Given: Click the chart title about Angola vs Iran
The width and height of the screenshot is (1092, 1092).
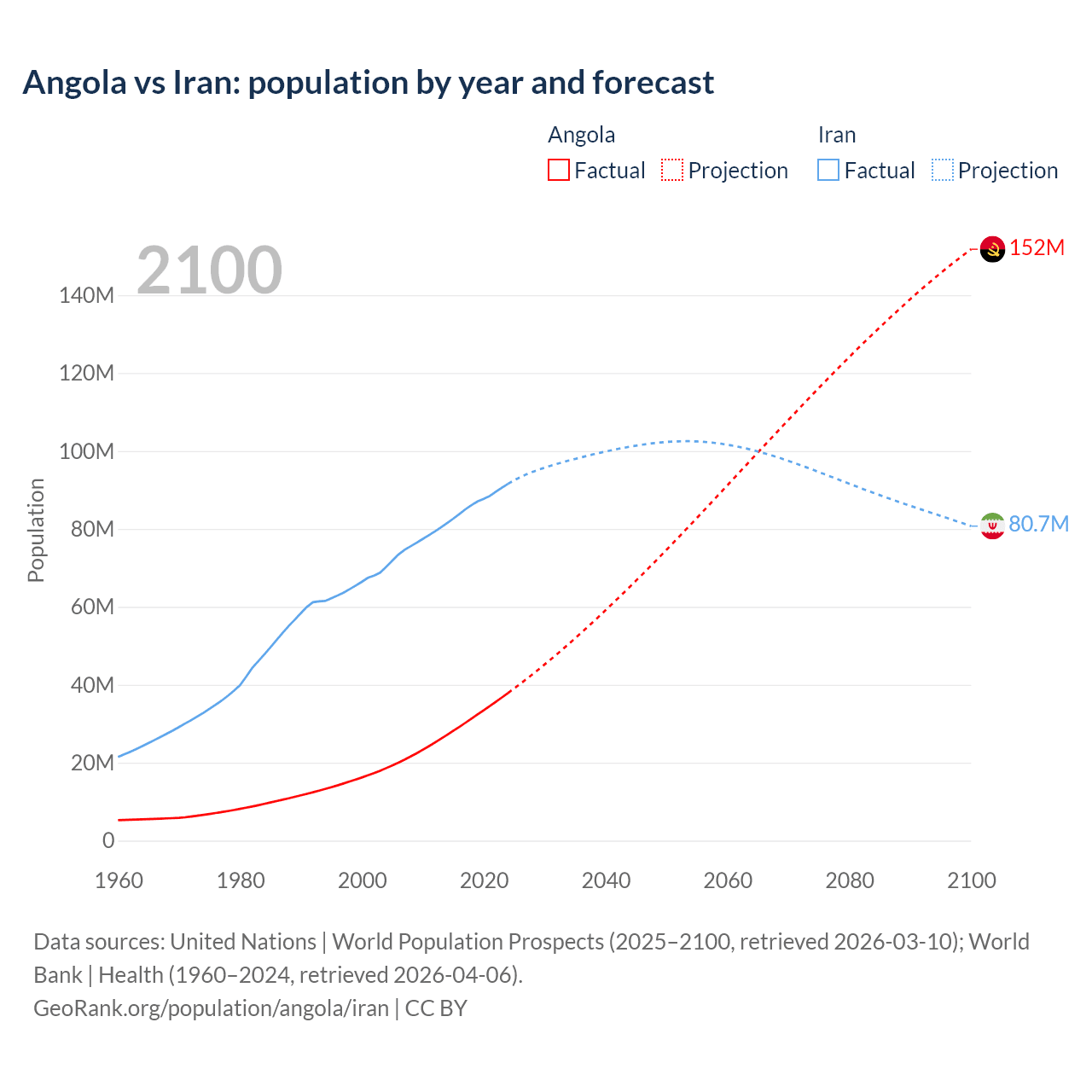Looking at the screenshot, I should click(368, 83).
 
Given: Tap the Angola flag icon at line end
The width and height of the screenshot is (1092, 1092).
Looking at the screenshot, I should click(992, 249).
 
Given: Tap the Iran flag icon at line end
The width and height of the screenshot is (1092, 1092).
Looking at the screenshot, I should click(992, 526).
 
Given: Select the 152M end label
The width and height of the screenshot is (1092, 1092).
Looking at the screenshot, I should click(1037, 247).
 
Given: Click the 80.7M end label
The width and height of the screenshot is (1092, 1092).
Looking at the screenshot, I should click(1038, 524).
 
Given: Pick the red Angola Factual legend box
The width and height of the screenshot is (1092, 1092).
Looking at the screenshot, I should click(559, 170).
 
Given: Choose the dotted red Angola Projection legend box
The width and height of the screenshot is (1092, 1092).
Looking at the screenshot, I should click(672, 170).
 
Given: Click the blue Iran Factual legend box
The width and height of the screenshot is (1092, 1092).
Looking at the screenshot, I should click(828, 170).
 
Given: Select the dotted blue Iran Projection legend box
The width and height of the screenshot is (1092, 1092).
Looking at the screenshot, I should click(943, 170).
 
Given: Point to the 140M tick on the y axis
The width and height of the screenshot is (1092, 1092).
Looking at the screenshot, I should click(86, 295).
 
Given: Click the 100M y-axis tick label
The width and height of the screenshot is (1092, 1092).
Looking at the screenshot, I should click(86, 451).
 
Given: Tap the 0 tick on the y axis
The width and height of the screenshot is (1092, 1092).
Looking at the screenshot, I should click(108, 840).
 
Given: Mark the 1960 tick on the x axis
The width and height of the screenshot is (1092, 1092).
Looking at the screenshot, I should click(119, 880).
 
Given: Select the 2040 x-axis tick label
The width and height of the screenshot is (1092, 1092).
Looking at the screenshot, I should click(606, 880).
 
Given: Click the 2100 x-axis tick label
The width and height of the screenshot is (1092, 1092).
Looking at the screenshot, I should click(971, 880).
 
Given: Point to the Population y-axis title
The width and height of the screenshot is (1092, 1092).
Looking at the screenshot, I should click(36, 530).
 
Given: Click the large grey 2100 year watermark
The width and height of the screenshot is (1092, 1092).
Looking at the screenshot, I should click(209, 270).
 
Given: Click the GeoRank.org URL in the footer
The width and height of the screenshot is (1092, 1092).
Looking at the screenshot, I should click(211, 1008).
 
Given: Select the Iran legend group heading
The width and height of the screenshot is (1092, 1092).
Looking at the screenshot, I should click(836, 135).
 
